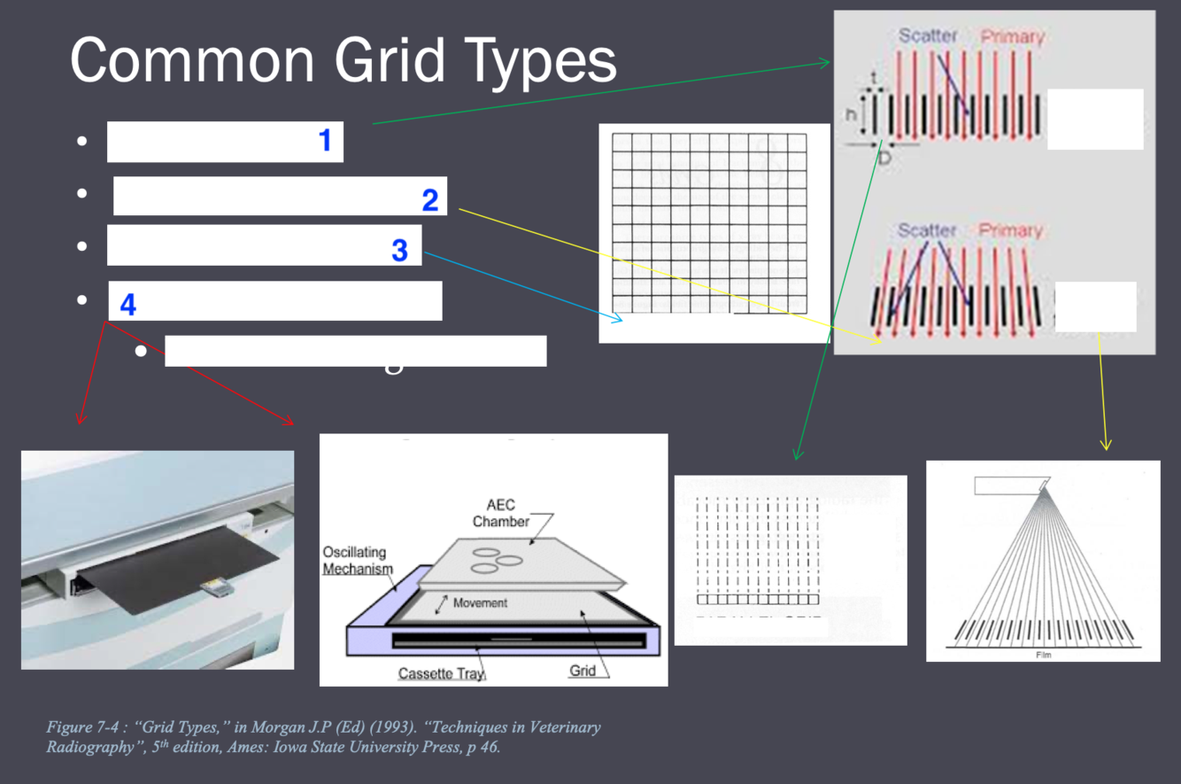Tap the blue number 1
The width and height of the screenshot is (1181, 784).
(325, 140)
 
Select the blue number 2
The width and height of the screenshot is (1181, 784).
(430, 199)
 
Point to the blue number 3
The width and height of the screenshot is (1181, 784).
(399, 250)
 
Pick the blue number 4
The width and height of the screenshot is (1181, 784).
(128, 306)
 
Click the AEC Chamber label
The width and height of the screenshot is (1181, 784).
(501, 513)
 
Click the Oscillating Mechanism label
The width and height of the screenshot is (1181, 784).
(358, 560)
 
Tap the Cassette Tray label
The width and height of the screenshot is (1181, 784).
(442, 673)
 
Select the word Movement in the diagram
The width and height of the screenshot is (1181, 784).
(480, 602)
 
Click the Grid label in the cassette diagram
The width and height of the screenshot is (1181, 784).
(582, 671)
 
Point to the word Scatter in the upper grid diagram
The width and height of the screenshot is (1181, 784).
(928, 36)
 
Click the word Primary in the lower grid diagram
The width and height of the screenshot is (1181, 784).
(1011, 230)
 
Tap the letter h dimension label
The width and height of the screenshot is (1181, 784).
(851, 115)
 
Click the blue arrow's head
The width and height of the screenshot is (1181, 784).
(621, 318)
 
